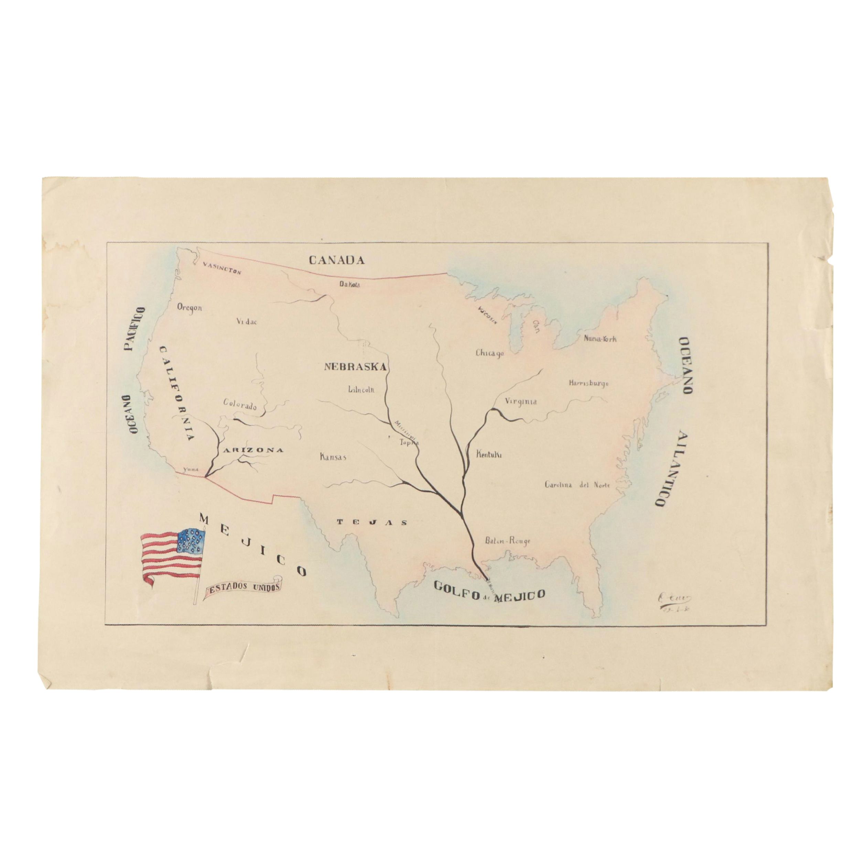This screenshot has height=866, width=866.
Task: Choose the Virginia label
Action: pos(520,402)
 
